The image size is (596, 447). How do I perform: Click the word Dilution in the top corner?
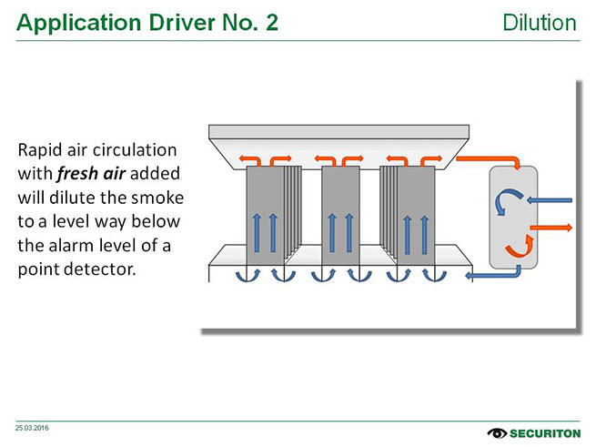tap(540, 22)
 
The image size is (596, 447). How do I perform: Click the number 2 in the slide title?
tap(271, 23)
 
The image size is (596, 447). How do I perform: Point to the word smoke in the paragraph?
tap(160, 198)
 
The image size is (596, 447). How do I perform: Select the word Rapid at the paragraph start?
tap(39, 148)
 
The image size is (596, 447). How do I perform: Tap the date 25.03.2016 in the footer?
tap(32, 426)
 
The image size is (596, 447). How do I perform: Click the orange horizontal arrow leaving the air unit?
tap(551, 225)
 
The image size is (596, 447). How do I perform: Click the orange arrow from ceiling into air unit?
tap(491, 162)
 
